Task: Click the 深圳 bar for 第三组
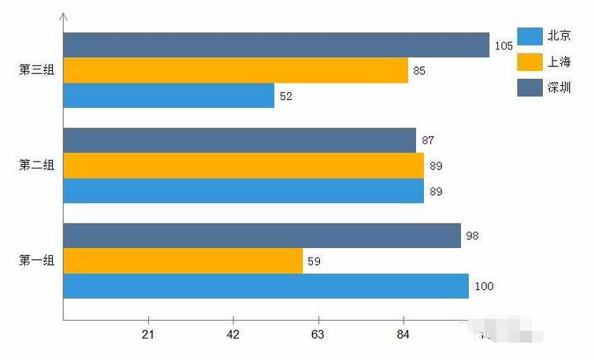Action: coord(276,45)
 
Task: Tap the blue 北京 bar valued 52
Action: coord(169,95)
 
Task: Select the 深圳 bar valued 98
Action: coord(262,236)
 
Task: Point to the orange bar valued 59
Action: coord(182,261)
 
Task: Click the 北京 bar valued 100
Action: coord(266,286)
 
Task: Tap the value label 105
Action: coord(504,46)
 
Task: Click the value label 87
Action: coord(428,140)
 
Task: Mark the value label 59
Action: coord(314,261)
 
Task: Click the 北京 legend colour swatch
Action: coord(530,35)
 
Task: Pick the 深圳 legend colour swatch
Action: coord(530,87)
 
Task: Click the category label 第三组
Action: coord(36,70)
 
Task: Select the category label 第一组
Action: coord(36,261)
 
